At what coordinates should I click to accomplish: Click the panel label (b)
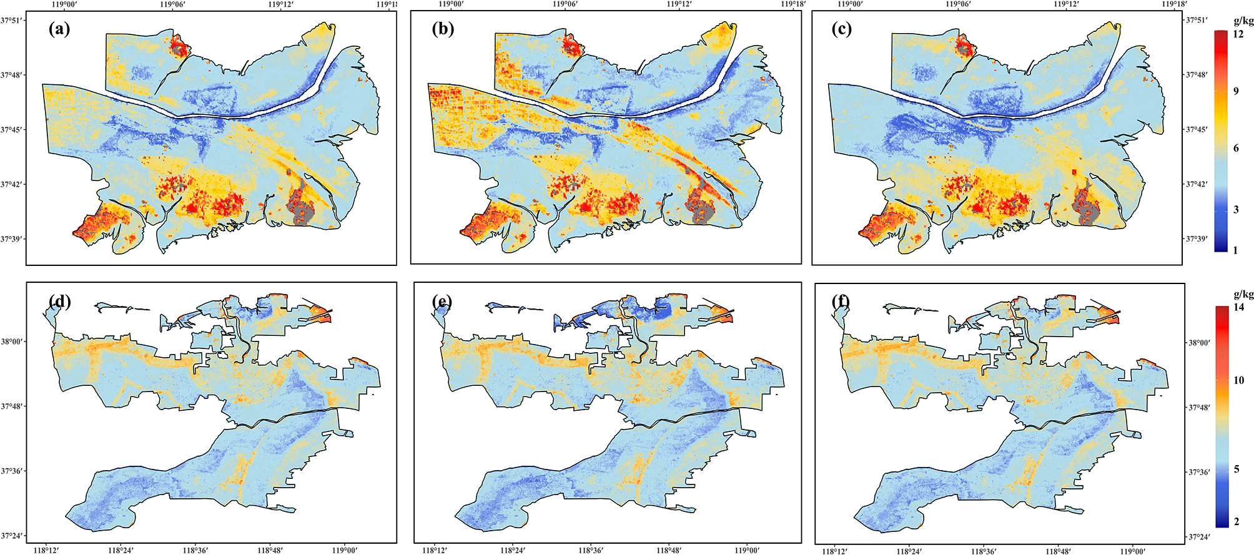pyautogui.click(x=442, y=30)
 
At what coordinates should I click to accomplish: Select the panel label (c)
pyautogui.click(x=842, y=30)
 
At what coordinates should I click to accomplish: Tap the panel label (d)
pyautogui.click(x=59, y=302)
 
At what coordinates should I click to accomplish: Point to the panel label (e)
pyautogui.click(x=442, y=302)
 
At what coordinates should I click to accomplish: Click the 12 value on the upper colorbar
pyautogui.click(x=1238, y=34)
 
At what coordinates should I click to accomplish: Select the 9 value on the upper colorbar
pyautogui.click(x=1236, y=91)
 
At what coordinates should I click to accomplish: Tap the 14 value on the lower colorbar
pyautogui.click(x=1238, y=307)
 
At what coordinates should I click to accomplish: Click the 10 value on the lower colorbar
pyautogui.click(x=1238, y=380)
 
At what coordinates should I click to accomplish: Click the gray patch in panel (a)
pyautogui.click(x=302, y=213)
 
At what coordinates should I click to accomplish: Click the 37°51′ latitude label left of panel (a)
pyautogui.click(x=13, y=20)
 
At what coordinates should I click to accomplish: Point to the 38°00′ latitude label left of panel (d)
pyautogui.click(x=13, y=342)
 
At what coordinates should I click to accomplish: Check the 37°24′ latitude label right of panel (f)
pyautogui.click(x=1199, y=537)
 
